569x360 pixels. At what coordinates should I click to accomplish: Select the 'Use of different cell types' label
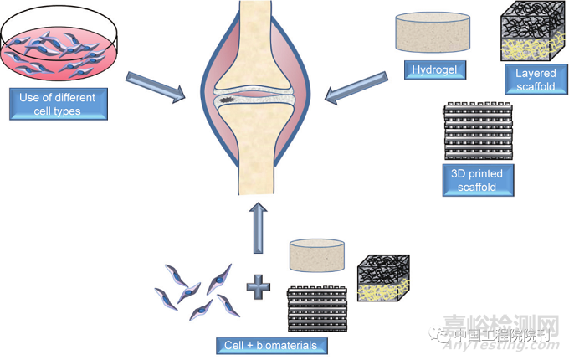pos(58,104)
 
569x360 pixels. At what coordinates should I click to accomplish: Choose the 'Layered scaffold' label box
pos(536,80)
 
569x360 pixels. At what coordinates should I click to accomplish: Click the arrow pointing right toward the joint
pos(156,87)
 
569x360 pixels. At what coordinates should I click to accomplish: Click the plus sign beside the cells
pos(257,289)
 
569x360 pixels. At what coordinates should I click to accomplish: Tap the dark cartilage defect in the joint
pos(228,101)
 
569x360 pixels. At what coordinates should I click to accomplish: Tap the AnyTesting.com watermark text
pos(519,338)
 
